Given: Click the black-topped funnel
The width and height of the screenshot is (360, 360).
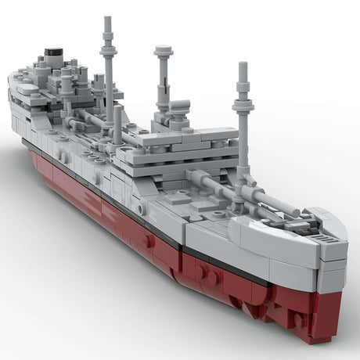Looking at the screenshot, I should (x=53, y=57).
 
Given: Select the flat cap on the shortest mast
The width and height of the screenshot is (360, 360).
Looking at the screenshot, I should (x=164, y=51).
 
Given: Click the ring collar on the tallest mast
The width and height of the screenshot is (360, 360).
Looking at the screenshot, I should (x=107, y=51).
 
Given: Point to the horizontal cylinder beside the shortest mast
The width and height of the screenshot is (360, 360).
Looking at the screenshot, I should (x=178, y=105).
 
